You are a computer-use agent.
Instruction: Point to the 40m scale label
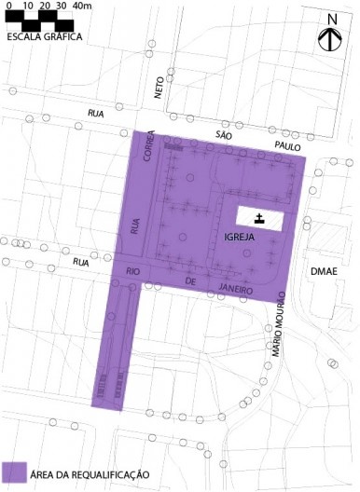coord(82,7)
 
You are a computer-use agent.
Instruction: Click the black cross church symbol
coord(259,218)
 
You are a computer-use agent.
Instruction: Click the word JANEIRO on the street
coord(238,290)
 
